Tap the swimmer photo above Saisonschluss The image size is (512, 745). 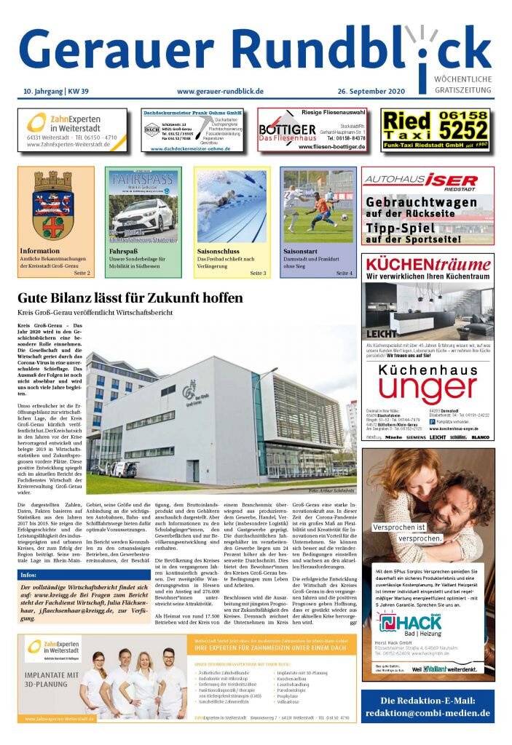click(231, 206)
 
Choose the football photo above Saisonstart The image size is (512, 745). click(318, 206)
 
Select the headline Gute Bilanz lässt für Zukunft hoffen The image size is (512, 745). click(130, 298)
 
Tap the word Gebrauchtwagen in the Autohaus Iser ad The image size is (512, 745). click(422, 202)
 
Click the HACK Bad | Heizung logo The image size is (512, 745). click(408, 623)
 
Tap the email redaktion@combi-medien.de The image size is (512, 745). click(428, 714)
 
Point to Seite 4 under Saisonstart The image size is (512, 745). click(344, 273)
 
